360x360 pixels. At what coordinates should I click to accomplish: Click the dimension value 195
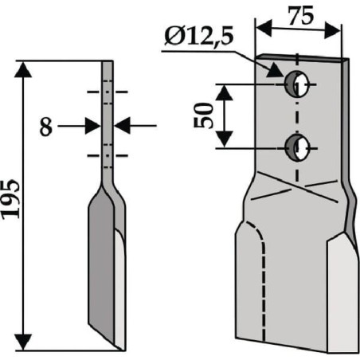pos(10,199)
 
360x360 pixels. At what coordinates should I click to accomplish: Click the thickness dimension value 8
pos(45,127)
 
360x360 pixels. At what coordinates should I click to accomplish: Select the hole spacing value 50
pos(204,115)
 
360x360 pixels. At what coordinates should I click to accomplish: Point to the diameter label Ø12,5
pos(199,37)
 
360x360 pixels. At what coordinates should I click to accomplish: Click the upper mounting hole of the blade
pos(297,84)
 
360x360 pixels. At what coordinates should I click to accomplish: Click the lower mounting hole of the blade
pos(297,147)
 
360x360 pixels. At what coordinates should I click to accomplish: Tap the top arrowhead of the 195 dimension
pos(23,69)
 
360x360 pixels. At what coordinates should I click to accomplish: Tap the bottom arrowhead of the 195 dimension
pos(23,342)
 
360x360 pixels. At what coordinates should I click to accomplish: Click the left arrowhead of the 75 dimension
pos(264,27)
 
